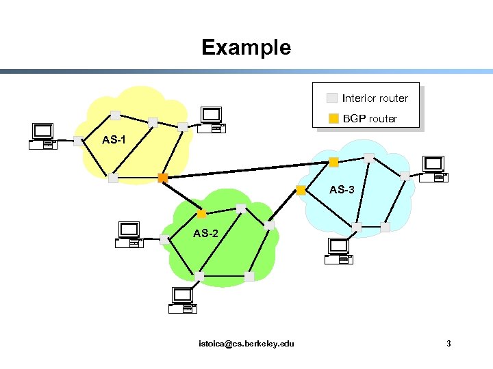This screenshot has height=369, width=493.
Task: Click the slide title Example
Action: click(x=246, y=47)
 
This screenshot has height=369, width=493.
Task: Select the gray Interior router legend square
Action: click(x=332, y=98)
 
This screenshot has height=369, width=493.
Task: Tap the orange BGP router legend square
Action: click(x=332, y=118)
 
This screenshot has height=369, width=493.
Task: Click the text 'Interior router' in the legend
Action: click(x=375, y=98)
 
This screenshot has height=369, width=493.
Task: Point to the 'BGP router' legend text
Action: click(x=370, y=118)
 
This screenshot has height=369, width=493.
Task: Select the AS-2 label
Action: click(x=205, y=233)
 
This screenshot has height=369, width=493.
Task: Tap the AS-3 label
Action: click(x=342, y=189)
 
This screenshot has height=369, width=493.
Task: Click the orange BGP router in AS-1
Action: click(x=162, y=178)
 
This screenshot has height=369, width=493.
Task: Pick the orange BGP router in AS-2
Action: click(x=201, y=213)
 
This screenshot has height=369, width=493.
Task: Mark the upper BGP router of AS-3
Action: click(x=333, y=162)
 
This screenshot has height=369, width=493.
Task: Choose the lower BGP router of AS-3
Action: click(x=301, y=189)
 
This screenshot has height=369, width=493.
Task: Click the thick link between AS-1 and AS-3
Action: click(x=246, y=170)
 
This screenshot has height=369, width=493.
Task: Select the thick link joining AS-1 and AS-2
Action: click(x=182, y=195)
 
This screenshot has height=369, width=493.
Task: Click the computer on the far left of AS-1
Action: click(x=42, y=136)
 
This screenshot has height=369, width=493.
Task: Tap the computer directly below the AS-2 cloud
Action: click(x=183, y=300)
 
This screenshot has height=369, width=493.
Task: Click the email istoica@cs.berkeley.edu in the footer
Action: click(x=246, y=343)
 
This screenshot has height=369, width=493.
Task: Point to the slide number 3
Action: click(x=448, y=343)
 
